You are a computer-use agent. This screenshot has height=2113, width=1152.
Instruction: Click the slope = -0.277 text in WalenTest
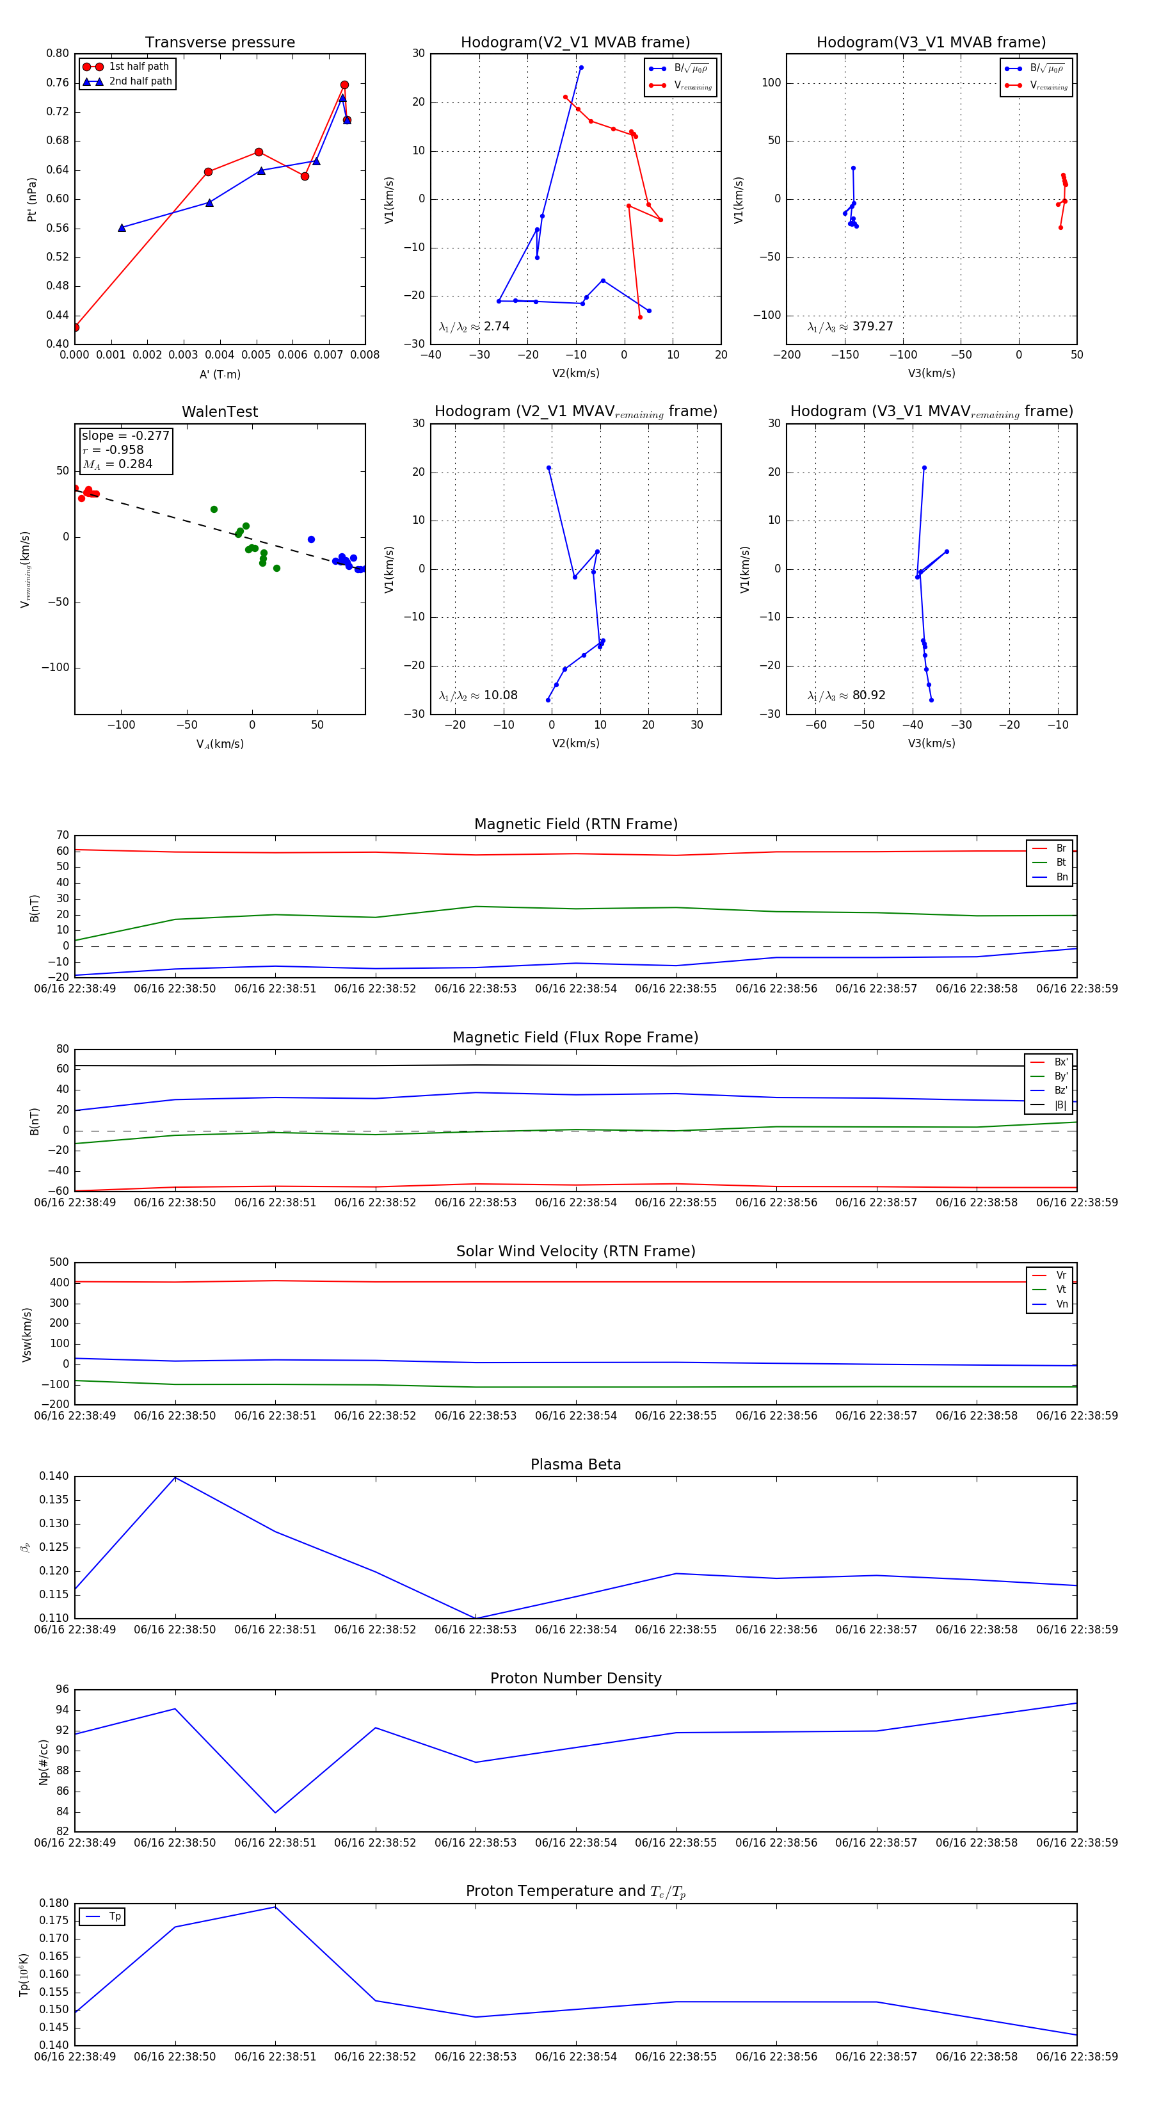click(x=125, y=435)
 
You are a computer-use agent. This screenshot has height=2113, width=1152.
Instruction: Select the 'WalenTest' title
click(x=220, y=412)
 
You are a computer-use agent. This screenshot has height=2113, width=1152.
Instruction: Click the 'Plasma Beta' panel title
click(x=575, y=1464)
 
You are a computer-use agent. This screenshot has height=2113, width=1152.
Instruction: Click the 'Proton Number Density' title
click(x=575, y=1678)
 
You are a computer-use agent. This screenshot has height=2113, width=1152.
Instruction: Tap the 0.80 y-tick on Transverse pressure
click(x=58, y=53)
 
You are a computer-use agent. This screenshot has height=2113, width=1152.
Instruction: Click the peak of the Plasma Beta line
click(x=175, y=1477)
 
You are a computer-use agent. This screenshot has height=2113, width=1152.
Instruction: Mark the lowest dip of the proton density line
click(x=275, y=1813)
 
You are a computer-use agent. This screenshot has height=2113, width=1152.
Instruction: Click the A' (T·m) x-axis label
click(x=220, y=375)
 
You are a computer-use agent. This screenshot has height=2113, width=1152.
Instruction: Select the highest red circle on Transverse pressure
click(x=344, y=85)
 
